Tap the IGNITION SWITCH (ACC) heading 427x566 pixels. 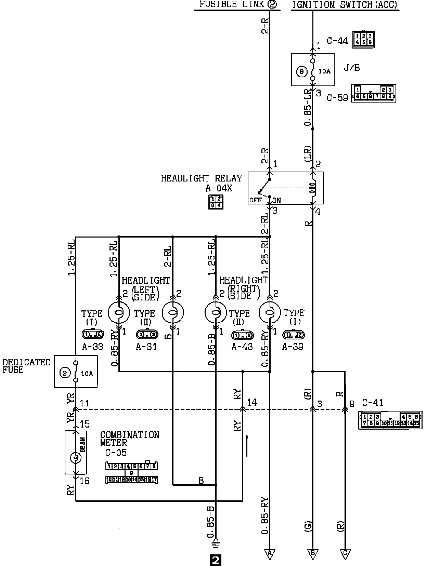pos(345,4)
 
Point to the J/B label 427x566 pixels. pos(352,68)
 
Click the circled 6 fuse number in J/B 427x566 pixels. pos(301,72)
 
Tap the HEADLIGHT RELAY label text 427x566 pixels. pos(201,178)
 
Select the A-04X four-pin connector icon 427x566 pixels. pos(216,202)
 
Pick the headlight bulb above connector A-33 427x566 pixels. pos(119,312)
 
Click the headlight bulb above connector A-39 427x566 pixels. pos(270,312)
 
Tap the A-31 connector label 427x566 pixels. pos(146,347)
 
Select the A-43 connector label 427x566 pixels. pos(242,347)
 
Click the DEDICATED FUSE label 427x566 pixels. pos(26,366)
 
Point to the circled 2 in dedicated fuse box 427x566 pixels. pos(65,373)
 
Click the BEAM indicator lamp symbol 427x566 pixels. pos(76,457)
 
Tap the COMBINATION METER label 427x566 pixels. pos(130,439)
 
